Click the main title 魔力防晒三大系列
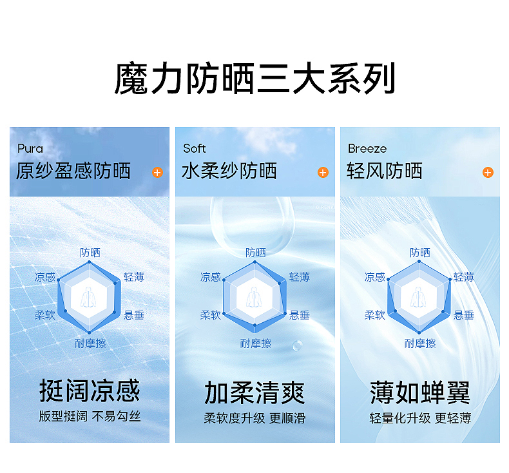click(x=254, y=79)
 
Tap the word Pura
click(x=30, y=149)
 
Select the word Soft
click(x=195, y=149)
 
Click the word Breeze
click(x=367, y=149)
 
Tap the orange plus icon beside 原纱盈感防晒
click(x=157, y=173)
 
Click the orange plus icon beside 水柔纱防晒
click(x=323, y=173)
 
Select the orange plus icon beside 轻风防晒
click(x=488, y=173)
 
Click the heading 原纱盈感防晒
click(x=73, y=171)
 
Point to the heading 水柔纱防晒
click(x=229, y=171)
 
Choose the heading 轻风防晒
click(x=385, y=171)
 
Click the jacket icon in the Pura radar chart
click(x=90, y=296)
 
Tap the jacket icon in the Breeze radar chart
click(x=419, y=296)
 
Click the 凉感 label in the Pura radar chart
click(x=45, y=277)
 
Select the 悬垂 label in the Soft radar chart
click(x=300, y=315)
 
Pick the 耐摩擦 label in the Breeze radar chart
click(x=420, y=343)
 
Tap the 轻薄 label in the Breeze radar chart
click(x=464, y=277)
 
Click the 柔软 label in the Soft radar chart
click(x=211, y=315)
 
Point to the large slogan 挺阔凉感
click(x=90, y=391)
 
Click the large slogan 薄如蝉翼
click(x=420, y=392)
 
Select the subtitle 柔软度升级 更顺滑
click(x=254, y=418)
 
